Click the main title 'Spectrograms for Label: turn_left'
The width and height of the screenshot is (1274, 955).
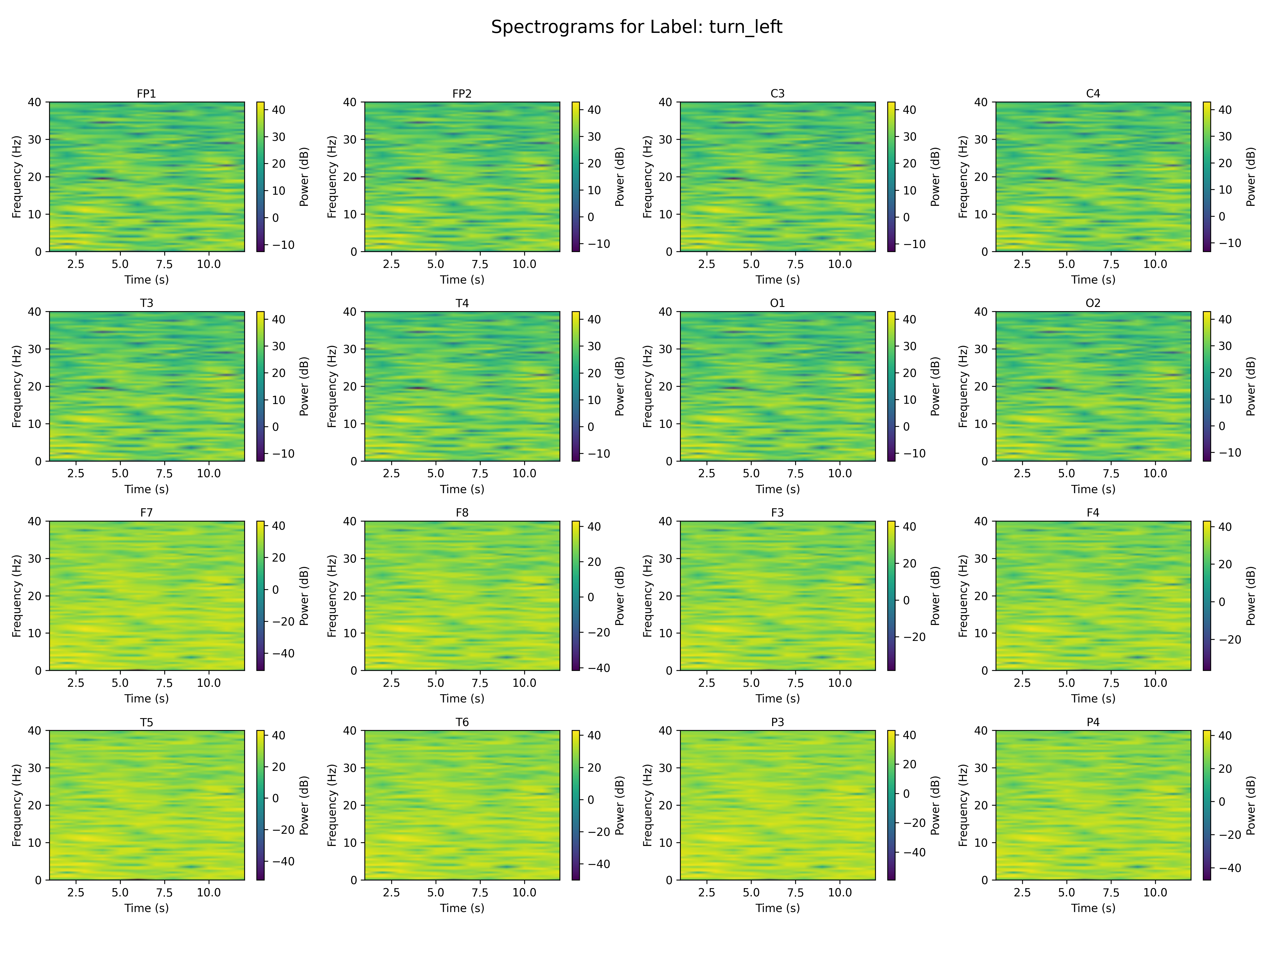tap(636, 27)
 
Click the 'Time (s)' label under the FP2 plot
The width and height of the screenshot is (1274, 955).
tap(462, 280)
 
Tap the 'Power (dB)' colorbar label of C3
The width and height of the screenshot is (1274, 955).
tap(935, 177)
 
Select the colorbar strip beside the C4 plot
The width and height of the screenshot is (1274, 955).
tap(1207, 177)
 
